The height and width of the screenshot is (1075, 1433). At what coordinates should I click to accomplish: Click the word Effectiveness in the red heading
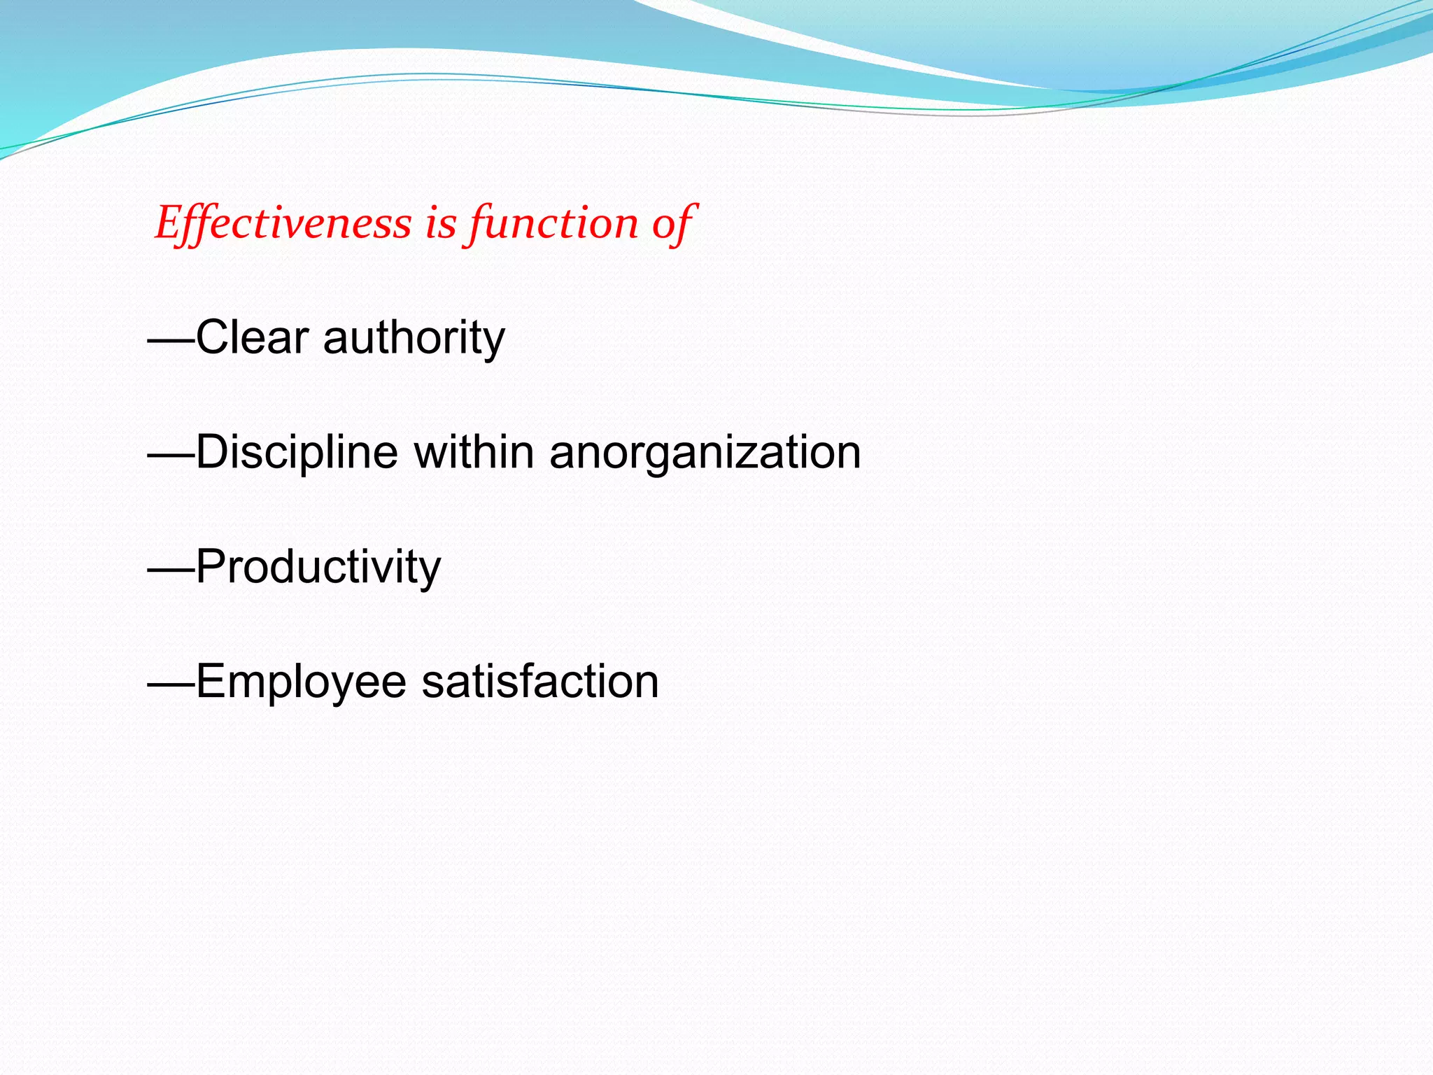click(x=283, y=224)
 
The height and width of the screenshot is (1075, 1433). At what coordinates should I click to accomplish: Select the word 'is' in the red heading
click(x=441, y=224)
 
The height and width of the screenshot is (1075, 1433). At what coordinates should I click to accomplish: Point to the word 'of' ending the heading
click(x=672, y=224)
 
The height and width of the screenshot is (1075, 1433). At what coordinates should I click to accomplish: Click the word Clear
click(x=252, y=337)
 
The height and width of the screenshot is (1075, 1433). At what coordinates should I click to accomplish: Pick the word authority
click(x=414, y=339)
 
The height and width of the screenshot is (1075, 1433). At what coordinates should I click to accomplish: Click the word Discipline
click(x=297, y=453)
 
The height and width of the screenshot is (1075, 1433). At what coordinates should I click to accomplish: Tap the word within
click(x=474, y=452)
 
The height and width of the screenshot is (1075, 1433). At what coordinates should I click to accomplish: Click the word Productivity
click(x=318, y=568)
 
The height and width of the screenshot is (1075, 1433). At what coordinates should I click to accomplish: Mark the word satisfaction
click(x=539, y=682)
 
